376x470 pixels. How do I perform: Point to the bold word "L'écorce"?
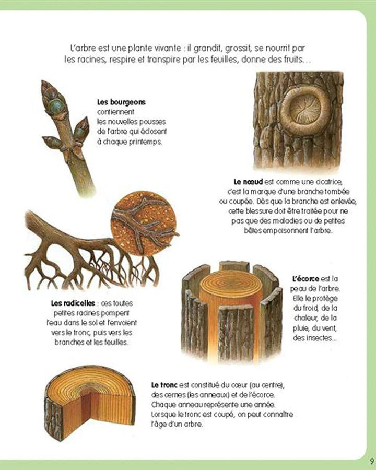pos(308,278)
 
